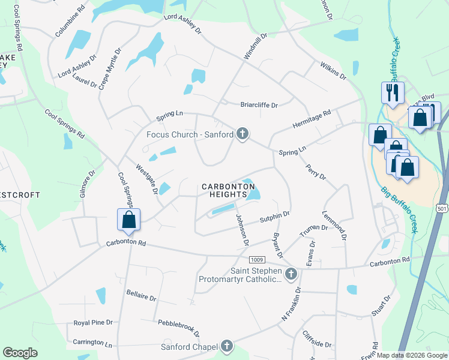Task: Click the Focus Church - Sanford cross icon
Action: (x=243, y=133)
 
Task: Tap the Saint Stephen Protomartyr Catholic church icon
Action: (x=291, y=274)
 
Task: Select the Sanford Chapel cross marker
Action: (x=226, y=346)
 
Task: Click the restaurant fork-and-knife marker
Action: (x=391, y=92)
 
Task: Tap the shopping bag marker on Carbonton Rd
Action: (x=129, y=220)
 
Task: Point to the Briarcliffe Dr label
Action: (x=259, y=105)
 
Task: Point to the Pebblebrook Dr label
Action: (x=178, y=327)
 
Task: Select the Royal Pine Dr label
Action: (x=93, y=322)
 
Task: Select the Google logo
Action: (x=20, y=353)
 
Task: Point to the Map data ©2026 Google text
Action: (x=411, y=355)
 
